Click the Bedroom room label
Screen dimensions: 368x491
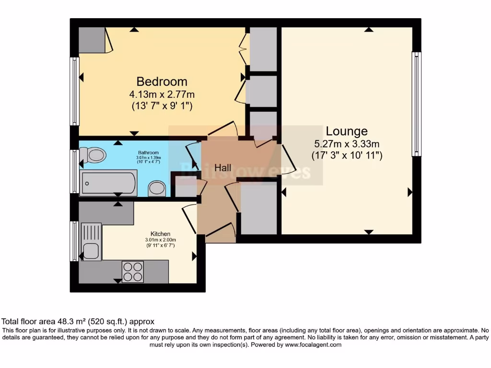pyautogui.click(x=162, y=81)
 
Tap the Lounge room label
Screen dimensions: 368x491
pyautogui.click(x=347, y=131)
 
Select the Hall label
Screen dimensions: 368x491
pyautogui.click(x=223, y=168)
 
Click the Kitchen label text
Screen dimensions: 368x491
pyautogui.click(x=161, y=234)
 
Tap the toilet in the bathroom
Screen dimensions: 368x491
pyautogui.click(x=93, y=155)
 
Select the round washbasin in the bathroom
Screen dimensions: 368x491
pyautogui.click(x=157, y=188)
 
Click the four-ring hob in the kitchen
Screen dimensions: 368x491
pyautogui.click(x=133, y=272)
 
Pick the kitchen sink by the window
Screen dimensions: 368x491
pyautogui.click(x=91, y=250)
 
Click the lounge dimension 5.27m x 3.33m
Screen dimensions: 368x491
pyautogui.click(x=347, y=144)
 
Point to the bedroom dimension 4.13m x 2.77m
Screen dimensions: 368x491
pyautogui.click(x=162, y=94)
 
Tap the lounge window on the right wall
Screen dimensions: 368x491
pyautogui.click(x=416, y=104)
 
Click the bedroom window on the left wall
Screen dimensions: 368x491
pyautogui.click(x=74, y=91)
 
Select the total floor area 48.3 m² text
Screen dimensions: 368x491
pyautogui.click(x=78, y=322)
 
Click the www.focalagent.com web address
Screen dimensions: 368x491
pyautogui.click(x=313, y=345)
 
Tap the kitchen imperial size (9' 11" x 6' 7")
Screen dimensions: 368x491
pyautogui.click(x=161, y=245)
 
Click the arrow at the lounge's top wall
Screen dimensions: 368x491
pyautogui.click(x=368, y=30)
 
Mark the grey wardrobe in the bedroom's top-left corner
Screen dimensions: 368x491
pyautogui.click(x=92, y=40)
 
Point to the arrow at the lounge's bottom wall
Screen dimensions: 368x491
pyautogui.click(x=368, y=232)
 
